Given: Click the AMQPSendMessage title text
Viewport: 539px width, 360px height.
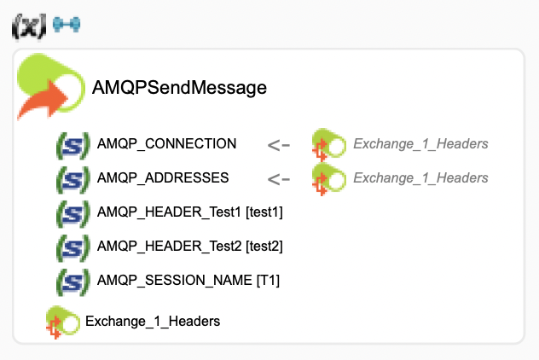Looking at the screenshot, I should (x=179, y=87).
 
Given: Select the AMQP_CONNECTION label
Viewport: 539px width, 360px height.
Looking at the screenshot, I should (x=166, y=143).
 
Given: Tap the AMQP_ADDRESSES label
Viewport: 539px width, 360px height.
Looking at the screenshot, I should (x=163, y=177).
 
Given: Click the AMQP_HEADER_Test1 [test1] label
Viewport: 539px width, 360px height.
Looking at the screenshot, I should (x=189, y=212).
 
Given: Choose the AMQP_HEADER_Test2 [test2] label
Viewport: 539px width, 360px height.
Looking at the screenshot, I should (x=189, y=246).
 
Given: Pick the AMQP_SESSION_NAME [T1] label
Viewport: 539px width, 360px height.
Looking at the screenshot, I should (x=188, y=280).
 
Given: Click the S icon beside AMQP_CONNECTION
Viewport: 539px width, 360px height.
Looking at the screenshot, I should (x=72, y=144).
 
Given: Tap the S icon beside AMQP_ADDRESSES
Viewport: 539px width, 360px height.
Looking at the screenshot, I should (x=72, y=178).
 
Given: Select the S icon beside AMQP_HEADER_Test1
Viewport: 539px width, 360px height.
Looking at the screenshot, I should (x=72, y=212).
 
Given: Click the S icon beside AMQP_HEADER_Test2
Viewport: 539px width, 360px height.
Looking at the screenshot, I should (x=72, y=247).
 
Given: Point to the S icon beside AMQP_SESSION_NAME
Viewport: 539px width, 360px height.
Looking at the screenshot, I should (x=72, y=281).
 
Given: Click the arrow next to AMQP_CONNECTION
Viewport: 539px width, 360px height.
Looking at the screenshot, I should (x=279, y=144).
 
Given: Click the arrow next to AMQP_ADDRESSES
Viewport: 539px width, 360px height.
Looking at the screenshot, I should (x=279, y=178).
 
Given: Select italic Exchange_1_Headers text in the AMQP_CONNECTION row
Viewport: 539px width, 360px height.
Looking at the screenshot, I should (x=420, y=143).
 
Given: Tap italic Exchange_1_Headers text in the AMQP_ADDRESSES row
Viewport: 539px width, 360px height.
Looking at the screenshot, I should (x=420, y=177).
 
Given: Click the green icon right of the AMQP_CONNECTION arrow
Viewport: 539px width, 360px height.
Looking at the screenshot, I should (x=327, y=144).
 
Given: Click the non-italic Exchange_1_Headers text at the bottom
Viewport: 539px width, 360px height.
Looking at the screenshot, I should (x=153, y=321).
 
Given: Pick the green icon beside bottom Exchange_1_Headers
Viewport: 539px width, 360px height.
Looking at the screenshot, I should (x=62, y=322).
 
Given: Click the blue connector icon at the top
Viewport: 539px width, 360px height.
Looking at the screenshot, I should (x=66, y=26).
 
